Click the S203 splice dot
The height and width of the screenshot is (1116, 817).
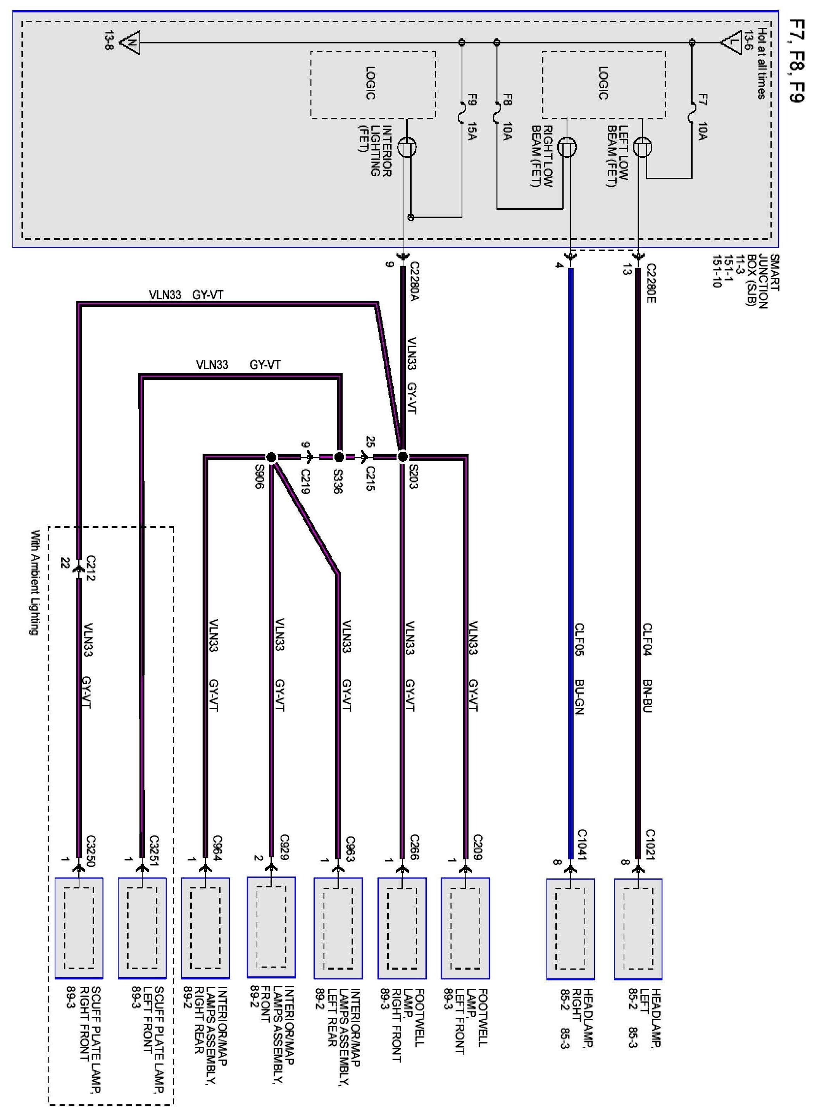(403, 456)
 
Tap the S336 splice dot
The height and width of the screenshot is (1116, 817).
(339, 457)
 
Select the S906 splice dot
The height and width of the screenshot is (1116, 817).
(271, 457)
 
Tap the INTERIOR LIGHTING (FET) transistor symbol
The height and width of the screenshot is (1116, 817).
(407, 147)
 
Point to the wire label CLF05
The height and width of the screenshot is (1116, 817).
(579, 639)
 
